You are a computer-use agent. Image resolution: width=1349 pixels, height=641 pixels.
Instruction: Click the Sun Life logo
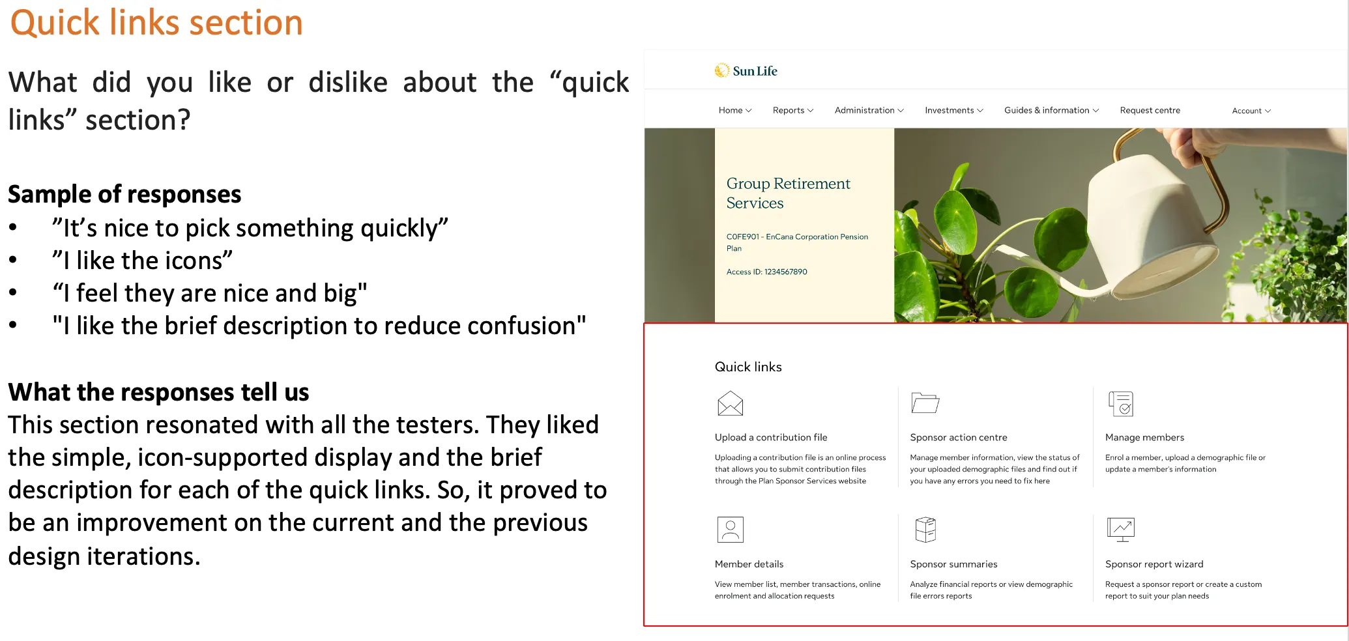click(x=746, y=71)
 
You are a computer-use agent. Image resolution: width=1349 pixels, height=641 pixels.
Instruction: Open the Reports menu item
click(x=792, y=111)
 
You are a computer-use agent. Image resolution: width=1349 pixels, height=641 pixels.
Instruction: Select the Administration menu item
click(x=869, y=111)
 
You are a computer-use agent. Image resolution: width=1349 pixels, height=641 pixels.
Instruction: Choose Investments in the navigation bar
click(x=953, y=111)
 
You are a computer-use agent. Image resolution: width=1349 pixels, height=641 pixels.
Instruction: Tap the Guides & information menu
click(x=1051, y=111)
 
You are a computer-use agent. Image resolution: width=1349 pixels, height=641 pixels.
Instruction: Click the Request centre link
click(x=1150, y=111)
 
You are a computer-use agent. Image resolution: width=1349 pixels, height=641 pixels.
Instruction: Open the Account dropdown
click(x=1251, y=111)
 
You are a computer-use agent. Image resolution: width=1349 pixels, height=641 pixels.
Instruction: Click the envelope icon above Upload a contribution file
click(x=730, y=404)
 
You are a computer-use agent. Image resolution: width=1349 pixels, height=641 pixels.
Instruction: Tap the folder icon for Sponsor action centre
click(x=925, y=403)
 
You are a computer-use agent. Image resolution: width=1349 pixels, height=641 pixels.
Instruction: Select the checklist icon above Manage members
click(x=1121, y=404)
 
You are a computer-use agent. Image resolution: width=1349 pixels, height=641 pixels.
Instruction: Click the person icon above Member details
click(x=730, y=530)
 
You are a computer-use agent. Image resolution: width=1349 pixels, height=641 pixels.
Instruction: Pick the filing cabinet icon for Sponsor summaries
click(x=925, y=530)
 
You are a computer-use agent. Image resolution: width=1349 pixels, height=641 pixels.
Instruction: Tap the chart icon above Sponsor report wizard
click(x=1121, y=530)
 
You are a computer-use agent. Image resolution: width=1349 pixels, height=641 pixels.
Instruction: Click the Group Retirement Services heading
click(x=788, y=193)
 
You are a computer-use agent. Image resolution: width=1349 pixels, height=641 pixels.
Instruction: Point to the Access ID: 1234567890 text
click(x=766, y=272)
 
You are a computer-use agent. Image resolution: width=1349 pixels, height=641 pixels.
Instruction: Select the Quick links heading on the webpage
click(x=748, y=367)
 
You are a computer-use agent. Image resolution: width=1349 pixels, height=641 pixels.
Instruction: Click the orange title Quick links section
click(x=156, y=23)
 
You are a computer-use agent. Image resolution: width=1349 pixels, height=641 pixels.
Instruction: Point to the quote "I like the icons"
click(x=142, y=261)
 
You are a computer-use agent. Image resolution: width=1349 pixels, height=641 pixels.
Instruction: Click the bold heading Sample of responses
click(x=124, y=195)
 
